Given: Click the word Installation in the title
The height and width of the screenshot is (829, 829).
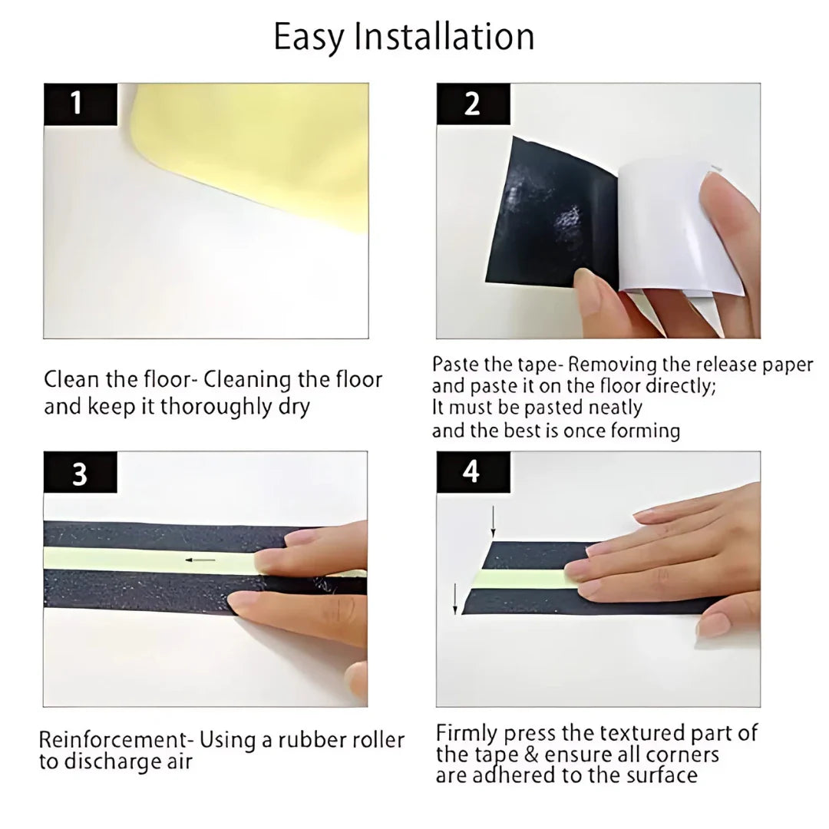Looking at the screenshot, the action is [x=444, y=36].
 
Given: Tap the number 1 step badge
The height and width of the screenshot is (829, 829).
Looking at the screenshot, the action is [x=81, y=104].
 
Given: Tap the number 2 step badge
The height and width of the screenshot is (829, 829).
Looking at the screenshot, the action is [x=473, y=104].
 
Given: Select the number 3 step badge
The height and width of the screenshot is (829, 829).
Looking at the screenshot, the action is [x=80, y=472].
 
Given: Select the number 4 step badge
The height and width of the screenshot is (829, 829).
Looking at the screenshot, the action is [x=473, y=472].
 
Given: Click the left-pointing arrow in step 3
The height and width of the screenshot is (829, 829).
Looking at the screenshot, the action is [x=200, y=560].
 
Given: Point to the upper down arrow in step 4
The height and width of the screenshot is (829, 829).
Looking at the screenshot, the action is [x=493, y=521].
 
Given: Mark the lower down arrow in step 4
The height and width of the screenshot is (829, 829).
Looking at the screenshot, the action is [x=455, y=599].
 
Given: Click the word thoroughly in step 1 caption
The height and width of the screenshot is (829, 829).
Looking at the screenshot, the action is [x=216, y=407].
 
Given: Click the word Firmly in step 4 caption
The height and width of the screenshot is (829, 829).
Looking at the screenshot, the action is [x=467, y=734].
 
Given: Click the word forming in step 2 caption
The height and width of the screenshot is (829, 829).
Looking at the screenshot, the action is [x=646, y=431].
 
